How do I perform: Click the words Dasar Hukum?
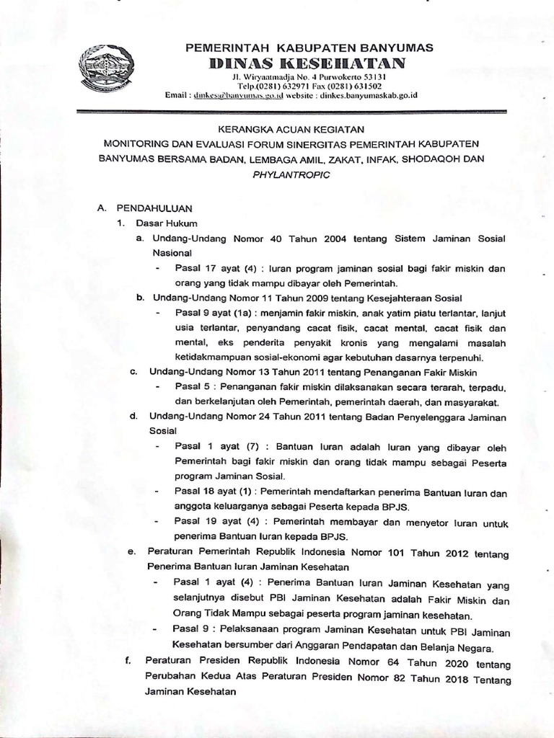click(x=162, y=223)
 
